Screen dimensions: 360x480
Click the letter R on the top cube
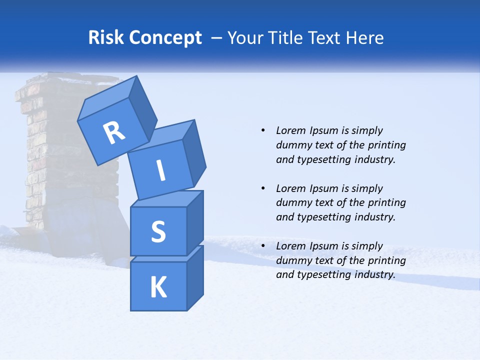(x=114, y=132)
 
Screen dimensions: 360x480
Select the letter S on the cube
(x=158, y=231)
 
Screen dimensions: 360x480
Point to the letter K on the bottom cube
(x=158, y=287)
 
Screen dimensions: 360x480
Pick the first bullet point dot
(x=263, y=130)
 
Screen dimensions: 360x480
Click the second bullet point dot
(x=263, y=188)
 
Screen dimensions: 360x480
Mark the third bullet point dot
(x=263, y=246)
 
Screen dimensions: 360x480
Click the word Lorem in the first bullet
(x=290, y=130)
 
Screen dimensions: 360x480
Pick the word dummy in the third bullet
(x=294, y=260)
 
